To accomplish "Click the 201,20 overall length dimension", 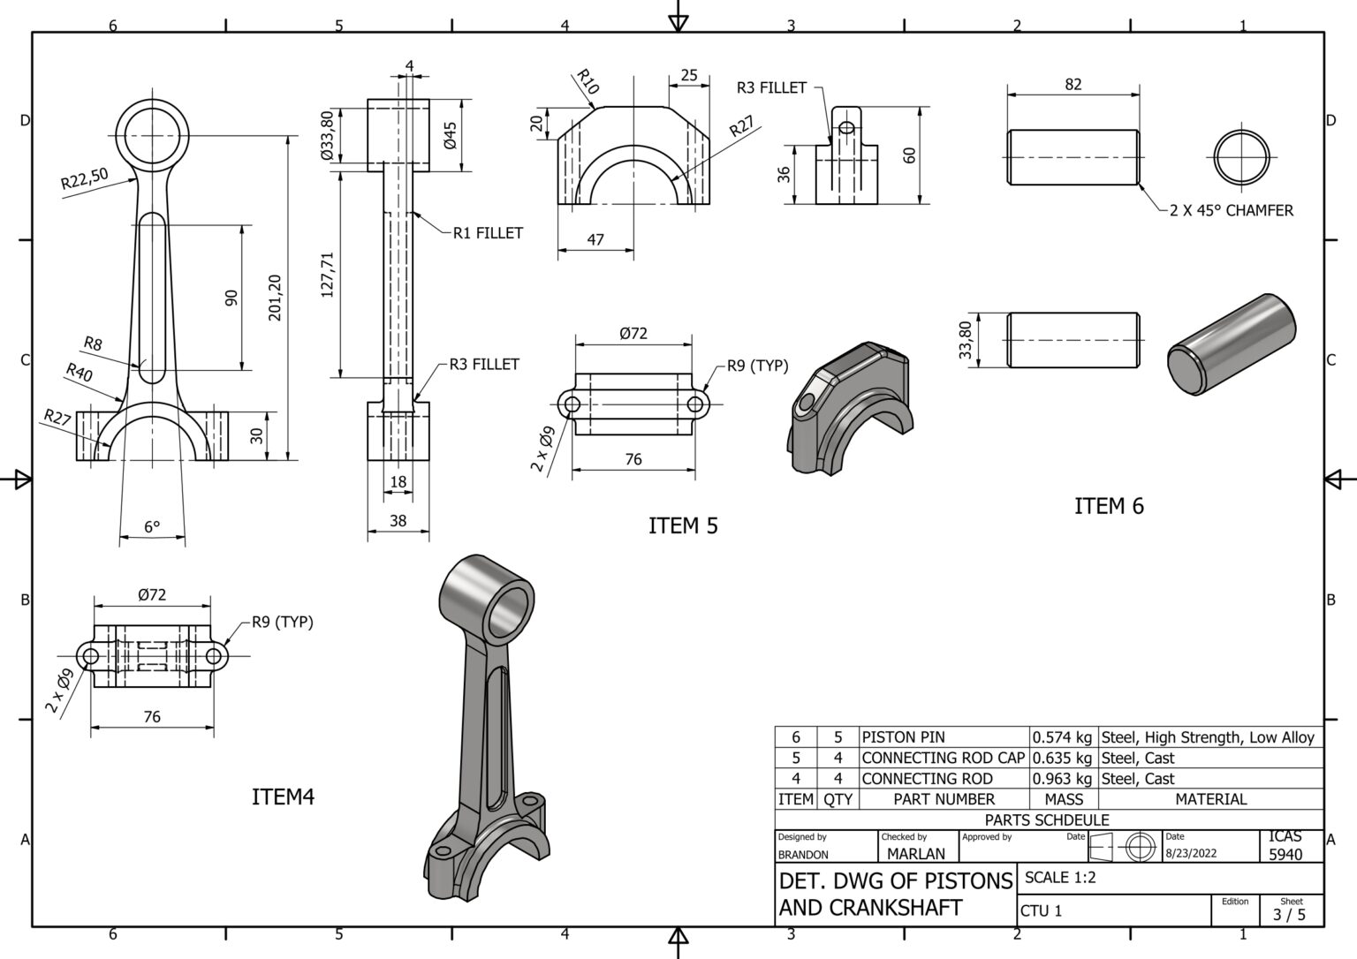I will [275, 298].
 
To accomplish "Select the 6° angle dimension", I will [152, 527].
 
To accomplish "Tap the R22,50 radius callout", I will [84, 179].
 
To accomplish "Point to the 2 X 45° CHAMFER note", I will [1231, 211].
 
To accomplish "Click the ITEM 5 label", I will [683, 525].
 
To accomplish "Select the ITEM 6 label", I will [1109, 506].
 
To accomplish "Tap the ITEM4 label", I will [283, 797].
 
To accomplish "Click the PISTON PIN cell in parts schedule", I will [903, 737].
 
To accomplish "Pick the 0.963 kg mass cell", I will [1062, 779].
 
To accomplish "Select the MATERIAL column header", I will [1210, 799].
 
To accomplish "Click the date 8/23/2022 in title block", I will [1190, 853].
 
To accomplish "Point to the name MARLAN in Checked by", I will [915, 854].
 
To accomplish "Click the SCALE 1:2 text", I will [1060, 878].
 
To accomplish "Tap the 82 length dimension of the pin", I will [1073, 85].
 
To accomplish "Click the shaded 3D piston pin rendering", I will [1231, 344].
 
